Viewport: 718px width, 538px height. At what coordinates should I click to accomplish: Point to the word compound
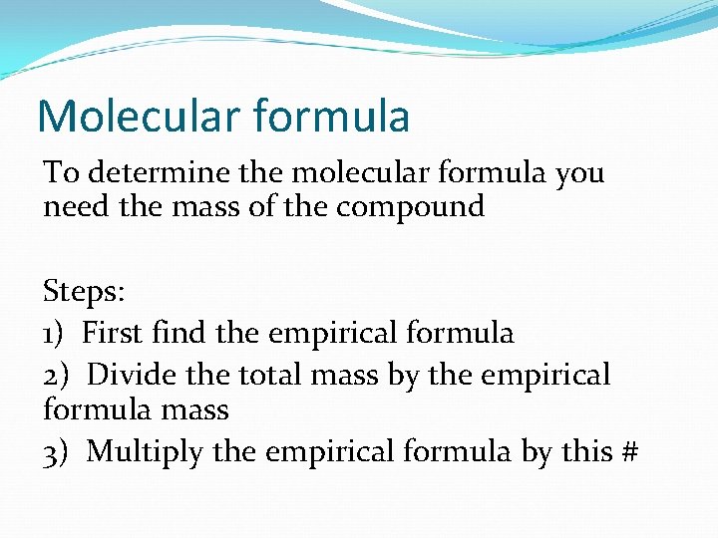(411, 208)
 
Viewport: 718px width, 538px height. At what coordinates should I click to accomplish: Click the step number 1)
(55, 333)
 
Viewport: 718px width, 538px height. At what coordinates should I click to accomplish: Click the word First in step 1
(113, 333)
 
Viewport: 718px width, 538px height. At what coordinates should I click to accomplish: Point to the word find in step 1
(179, 333)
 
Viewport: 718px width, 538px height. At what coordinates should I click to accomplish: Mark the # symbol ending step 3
(628, 451)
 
